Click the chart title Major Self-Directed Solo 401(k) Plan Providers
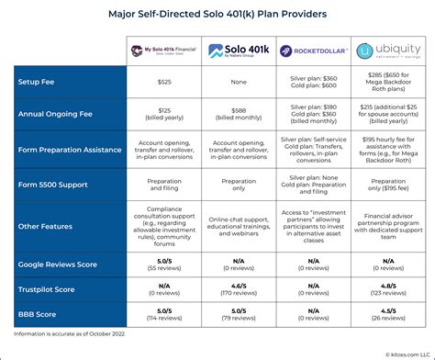point(217,16)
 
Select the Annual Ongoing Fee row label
point(57,115)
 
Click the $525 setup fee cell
point(164,82)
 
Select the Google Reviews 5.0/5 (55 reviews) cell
point(164,265)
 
